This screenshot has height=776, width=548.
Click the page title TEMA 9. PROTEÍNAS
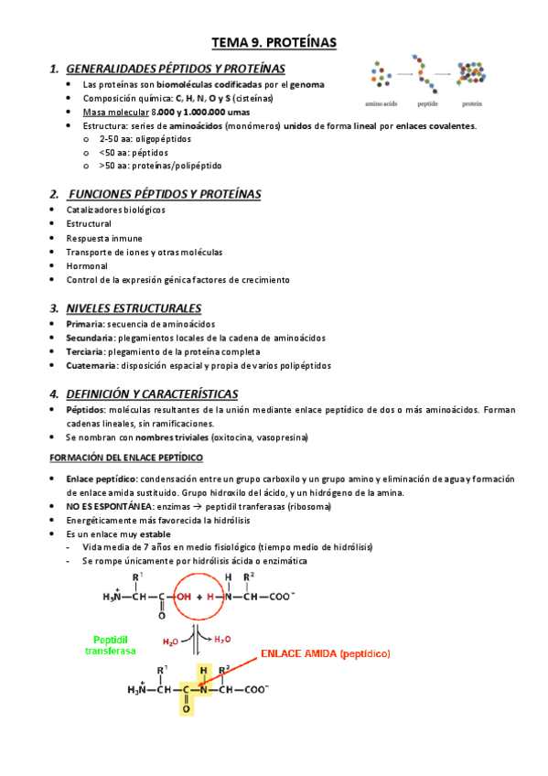(x=274, y=42)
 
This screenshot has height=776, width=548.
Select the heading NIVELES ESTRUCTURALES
(x=134, y=307)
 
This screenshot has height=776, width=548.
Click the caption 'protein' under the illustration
(x=472, y=103)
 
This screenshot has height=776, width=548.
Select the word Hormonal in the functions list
(x=87, y=265)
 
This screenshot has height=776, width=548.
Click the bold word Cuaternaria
(x=91, y=365)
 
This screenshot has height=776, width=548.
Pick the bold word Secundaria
(x=90, y=338)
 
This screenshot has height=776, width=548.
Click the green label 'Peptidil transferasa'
(x=110, y=644)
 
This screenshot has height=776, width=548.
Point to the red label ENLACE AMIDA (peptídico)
(x=326, y=653)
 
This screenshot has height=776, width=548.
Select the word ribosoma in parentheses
(x=306, y=506)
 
